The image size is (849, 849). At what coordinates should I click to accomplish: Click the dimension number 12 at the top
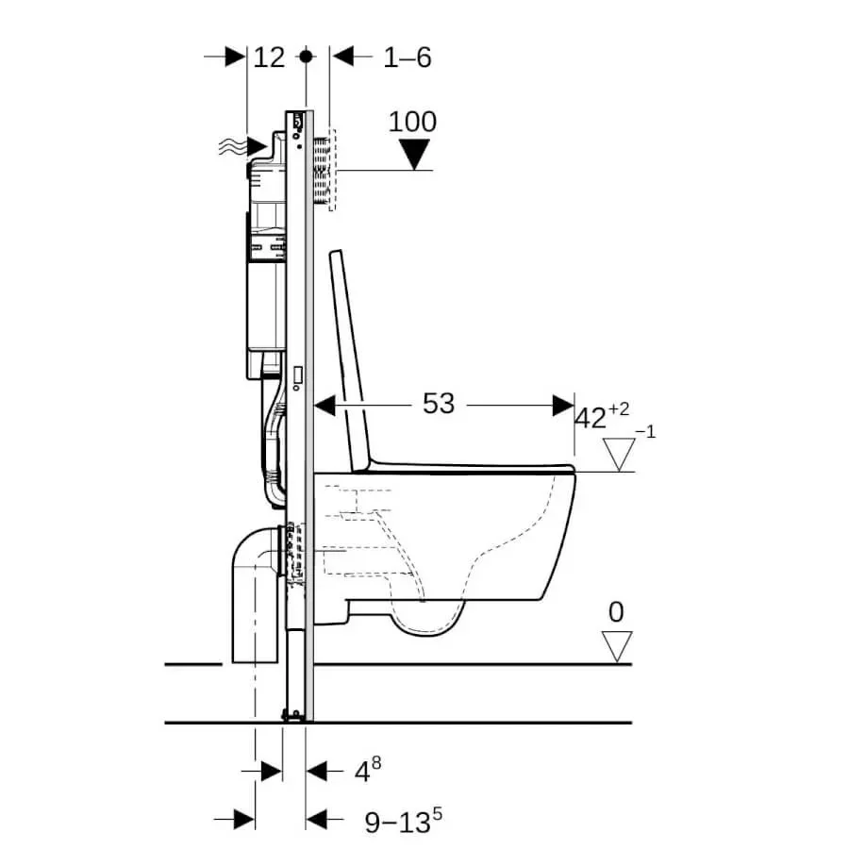click(x=269, y=58)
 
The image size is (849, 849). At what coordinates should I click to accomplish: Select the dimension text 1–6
click(x=408, y=58)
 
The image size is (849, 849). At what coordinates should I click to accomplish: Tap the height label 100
click(x=412, y=122)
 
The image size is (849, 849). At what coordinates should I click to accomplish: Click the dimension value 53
click(x=439, y=404)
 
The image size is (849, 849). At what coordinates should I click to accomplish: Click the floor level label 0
click(x=616, y=612)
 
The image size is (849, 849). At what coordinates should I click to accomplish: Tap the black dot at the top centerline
click(x=307, y=56)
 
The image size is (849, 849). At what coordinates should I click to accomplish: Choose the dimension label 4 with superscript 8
click(x=368, y=770)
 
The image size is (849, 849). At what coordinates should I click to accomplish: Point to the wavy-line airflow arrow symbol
click(x=242, y=146)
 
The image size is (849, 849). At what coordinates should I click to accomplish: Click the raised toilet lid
click(x=350, y=359)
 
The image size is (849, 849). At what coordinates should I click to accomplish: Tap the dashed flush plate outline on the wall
click(x=332, y=170)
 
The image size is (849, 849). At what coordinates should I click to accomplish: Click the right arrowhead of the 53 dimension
click(x=564, y=405)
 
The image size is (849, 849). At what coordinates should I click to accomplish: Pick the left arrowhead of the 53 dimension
click(x=325, y=405)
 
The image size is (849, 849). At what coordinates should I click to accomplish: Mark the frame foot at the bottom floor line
click(x=293, y=716)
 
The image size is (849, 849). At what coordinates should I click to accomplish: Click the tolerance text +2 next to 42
click(x=619, y=408)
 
